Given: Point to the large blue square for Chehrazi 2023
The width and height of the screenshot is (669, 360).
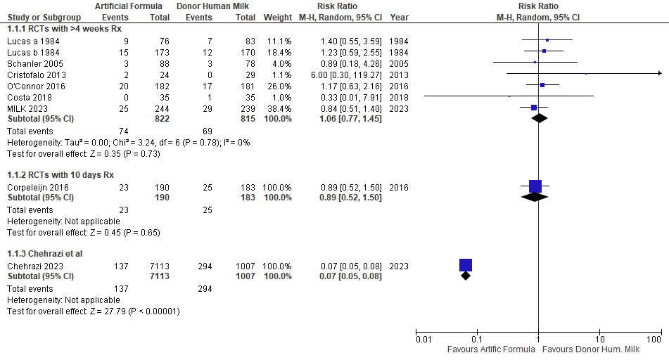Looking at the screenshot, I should (466, 265).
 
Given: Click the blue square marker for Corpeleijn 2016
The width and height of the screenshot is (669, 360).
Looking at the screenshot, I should (535, 186).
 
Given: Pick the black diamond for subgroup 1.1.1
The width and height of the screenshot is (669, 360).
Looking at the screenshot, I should (540, 118).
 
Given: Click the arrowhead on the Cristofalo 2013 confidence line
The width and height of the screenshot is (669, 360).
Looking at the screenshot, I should (659, 73).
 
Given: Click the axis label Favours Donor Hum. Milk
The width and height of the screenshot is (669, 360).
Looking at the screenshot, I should (591, 349).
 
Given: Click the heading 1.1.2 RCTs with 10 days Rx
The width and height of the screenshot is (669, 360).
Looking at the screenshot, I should (60, 174).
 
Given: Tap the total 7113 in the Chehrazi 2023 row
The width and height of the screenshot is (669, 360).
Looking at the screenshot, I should (161, 266).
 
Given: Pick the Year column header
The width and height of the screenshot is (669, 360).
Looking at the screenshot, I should (398, 17).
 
